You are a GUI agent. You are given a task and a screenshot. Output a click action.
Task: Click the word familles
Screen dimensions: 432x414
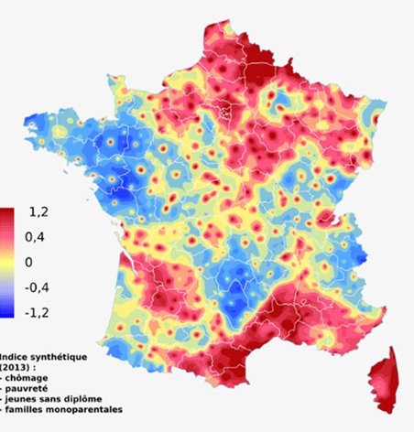(30, 412)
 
